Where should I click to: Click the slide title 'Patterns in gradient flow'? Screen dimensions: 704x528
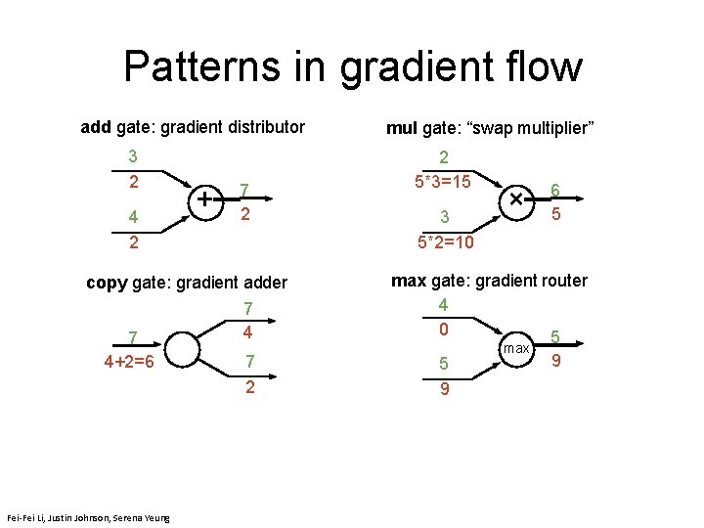(352, 66)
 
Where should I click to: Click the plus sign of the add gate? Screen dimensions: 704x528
(205, 198)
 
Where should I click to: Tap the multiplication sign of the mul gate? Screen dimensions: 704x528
(514, 198)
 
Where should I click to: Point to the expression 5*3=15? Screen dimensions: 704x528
(443, 182)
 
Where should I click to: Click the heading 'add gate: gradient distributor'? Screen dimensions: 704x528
(193, 127)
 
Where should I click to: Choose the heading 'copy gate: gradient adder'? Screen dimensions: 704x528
(187, 283)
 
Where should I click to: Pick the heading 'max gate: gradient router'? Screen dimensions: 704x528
(489, 281)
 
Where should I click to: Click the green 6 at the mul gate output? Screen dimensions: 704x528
(555, 191)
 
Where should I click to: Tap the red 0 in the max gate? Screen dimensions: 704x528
(443, 330)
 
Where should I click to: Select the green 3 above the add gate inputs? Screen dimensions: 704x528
(133, 156)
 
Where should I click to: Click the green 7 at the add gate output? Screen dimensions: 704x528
(247, 189)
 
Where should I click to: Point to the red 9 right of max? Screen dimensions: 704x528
(556, 361)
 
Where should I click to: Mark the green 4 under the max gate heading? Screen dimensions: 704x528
(443, 305)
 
